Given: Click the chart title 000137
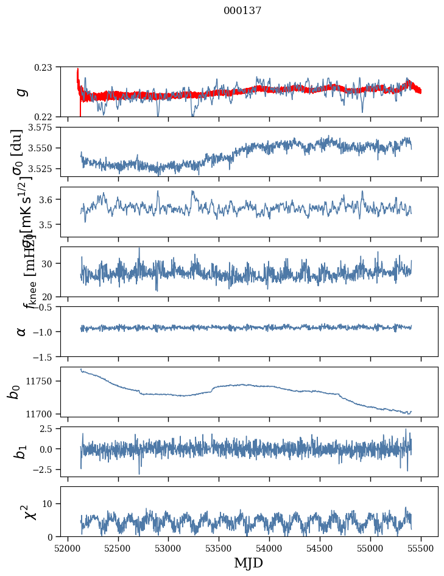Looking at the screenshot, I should click(242, 11).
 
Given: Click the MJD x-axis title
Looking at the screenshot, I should click(248, 563).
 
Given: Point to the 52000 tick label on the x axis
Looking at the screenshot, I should click(68, 547).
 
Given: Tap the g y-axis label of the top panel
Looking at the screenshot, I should click(22, 92).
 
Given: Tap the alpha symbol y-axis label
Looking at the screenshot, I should click(22, 331).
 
